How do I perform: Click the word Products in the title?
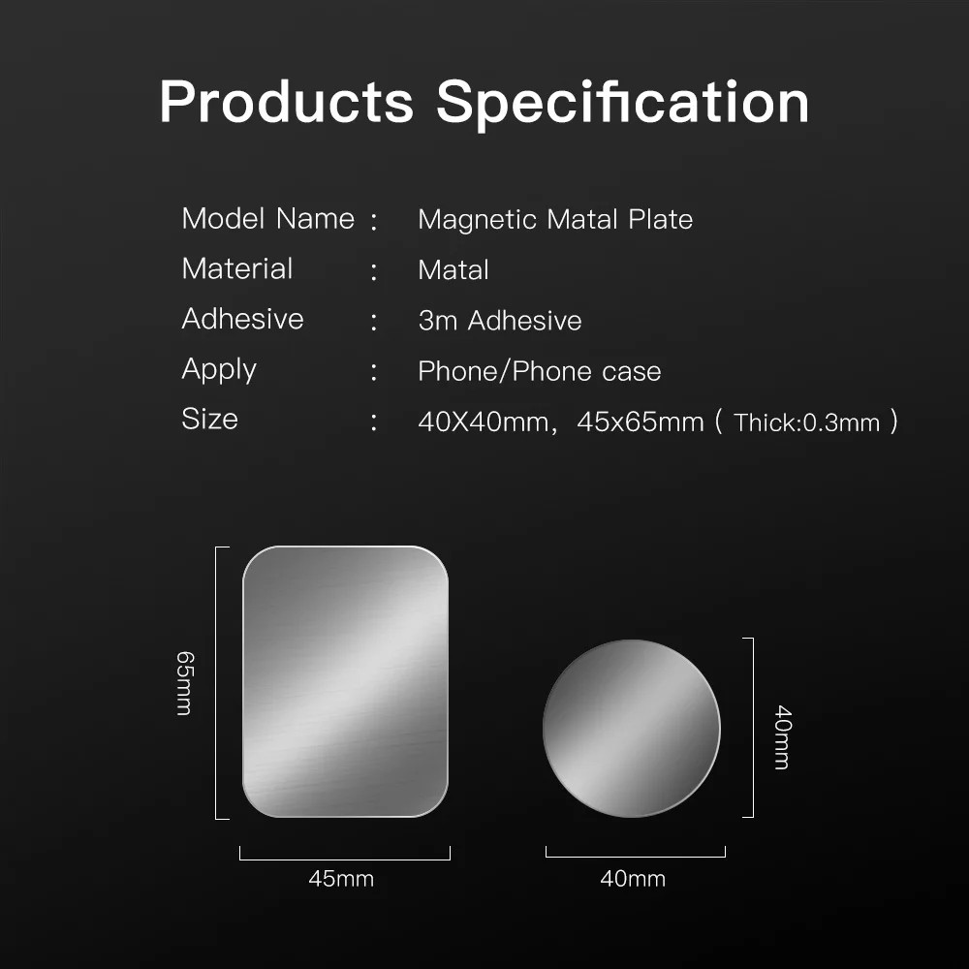(286, 102)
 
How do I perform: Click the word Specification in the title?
(622, 102)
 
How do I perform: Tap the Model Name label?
(267, 219)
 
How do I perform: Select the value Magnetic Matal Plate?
(555, 220)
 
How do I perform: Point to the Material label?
(236, 269)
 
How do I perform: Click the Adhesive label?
(242, 320)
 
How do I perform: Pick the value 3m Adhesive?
(499, 321)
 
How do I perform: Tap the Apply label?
(219, 370)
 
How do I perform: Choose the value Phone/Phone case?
(539, 371)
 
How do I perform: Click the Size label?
(209, 420)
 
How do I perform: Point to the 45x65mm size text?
(640, 422)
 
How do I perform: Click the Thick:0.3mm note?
(806, 422)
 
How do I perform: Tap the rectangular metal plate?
(345, 681)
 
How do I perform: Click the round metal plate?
(632, 729)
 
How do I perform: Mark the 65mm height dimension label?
(185, 683)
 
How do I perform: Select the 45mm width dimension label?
(341, 879)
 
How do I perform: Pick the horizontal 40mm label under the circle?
(633, 879)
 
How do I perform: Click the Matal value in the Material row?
(453, 270)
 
